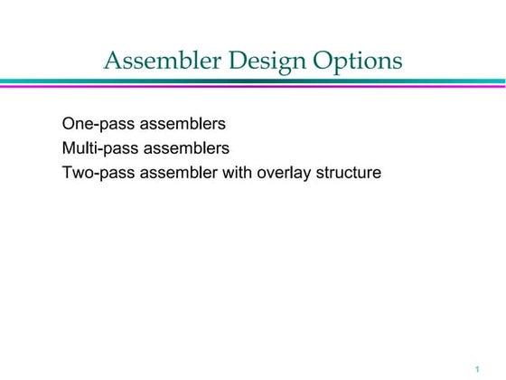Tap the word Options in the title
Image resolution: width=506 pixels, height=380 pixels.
click(357, 62)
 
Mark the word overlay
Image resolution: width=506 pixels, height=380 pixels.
click(284, 172)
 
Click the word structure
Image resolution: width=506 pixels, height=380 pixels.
click(348, 172)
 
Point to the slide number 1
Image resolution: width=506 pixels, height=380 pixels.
click(475, 368)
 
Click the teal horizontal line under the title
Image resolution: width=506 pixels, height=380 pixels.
click(253, 81)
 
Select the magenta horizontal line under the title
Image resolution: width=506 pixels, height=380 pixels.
click(253, 86)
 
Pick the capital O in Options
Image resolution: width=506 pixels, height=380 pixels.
click(323, 62)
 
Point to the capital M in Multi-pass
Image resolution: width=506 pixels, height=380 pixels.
click(69, 147)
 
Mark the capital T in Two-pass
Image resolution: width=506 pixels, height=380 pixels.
click(67, 172)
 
